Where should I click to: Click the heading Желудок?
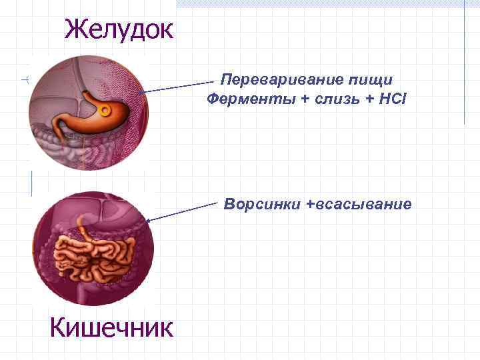click(119, 29)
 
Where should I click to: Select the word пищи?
click(370, 81)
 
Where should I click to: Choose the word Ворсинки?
click(263, 203)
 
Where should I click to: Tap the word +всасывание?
click(359, 203)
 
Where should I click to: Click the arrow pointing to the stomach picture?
click(180, 86)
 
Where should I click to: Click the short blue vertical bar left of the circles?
click(31, 183)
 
